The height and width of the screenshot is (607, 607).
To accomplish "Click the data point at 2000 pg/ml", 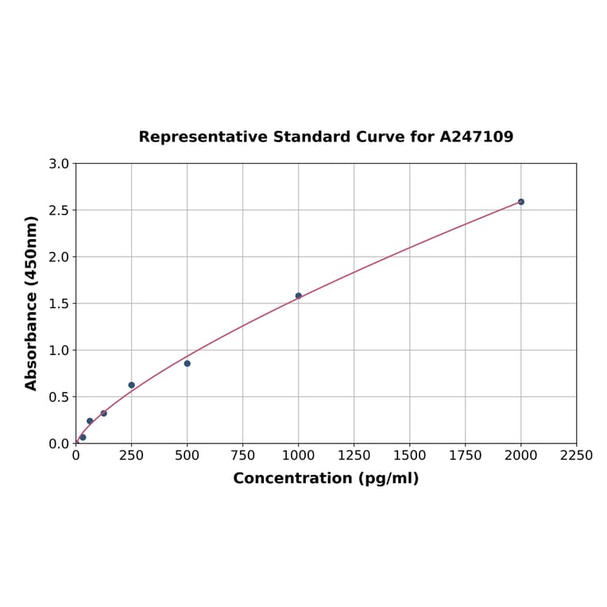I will (521, 202).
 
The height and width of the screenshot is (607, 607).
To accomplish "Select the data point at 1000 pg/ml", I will (299, 296).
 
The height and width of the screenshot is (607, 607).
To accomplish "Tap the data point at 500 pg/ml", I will (188, 363).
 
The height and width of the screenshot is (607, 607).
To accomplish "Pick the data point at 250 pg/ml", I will (132, 385).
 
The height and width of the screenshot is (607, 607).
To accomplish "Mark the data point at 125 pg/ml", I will (104, 413).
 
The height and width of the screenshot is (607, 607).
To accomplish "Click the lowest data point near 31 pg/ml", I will (83, 437).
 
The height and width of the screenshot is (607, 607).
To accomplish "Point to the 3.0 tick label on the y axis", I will (60, 164).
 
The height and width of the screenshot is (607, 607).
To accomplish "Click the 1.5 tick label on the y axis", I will (60, 303).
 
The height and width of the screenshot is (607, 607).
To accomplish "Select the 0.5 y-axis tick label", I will (60, 396).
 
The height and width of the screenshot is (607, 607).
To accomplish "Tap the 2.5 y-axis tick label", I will (60, 211).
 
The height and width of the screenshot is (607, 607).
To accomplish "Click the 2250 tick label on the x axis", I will (577, 455).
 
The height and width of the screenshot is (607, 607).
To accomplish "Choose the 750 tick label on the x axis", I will (243, 455).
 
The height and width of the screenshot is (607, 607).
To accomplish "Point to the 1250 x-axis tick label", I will (354, 455).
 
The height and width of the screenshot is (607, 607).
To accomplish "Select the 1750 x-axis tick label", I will (466, 455).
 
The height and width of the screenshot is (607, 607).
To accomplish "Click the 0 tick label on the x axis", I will (76, 455).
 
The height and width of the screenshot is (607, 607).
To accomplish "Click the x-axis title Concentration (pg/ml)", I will (326, 478).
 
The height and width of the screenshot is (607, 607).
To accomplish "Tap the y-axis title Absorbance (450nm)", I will (32, 303).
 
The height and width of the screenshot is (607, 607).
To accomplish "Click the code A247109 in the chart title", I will (477, 137).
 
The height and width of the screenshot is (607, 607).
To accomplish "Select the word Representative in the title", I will (203, 137).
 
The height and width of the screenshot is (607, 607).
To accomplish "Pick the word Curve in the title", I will (381, 137).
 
